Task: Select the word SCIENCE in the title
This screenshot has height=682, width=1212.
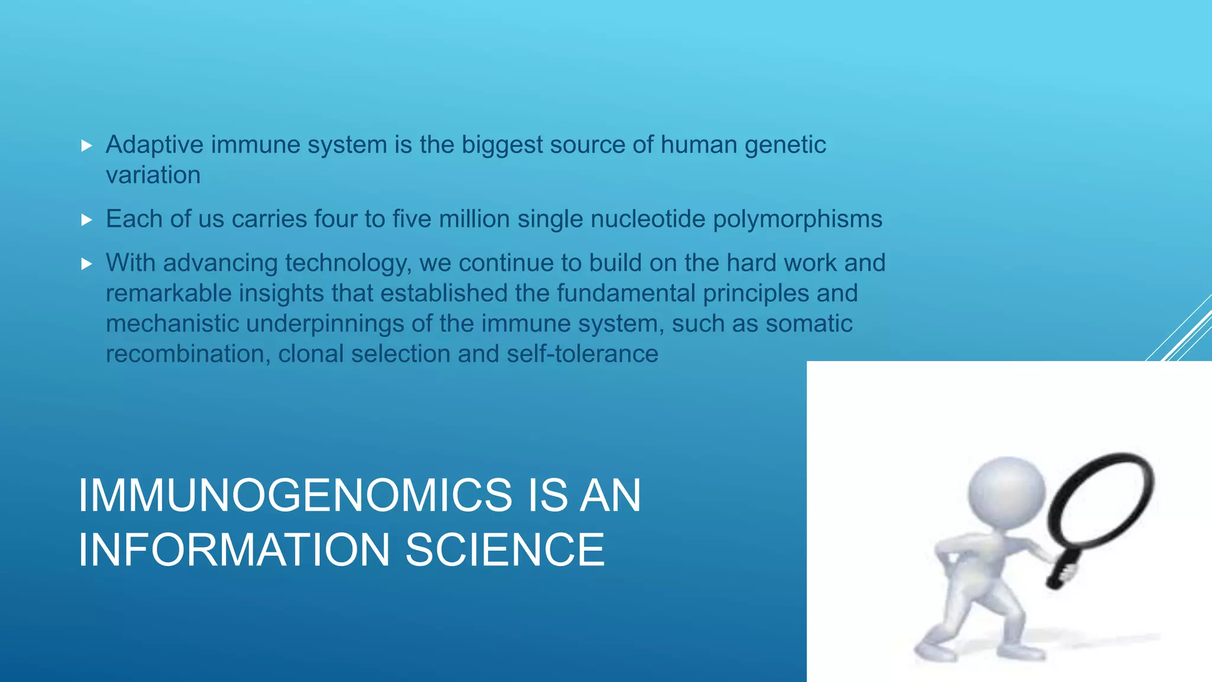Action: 505,550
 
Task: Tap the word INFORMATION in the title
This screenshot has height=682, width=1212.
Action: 234,550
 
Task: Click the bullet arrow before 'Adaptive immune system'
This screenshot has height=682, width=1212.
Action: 87,146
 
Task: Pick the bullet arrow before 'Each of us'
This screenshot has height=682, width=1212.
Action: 87,220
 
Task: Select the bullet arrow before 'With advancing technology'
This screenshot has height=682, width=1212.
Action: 87,264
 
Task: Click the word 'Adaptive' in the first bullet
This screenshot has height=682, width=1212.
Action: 154,145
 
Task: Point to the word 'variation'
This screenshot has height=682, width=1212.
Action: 153,175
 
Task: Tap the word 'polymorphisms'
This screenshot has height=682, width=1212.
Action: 797,220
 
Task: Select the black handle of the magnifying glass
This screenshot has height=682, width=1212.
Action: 1063,569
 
